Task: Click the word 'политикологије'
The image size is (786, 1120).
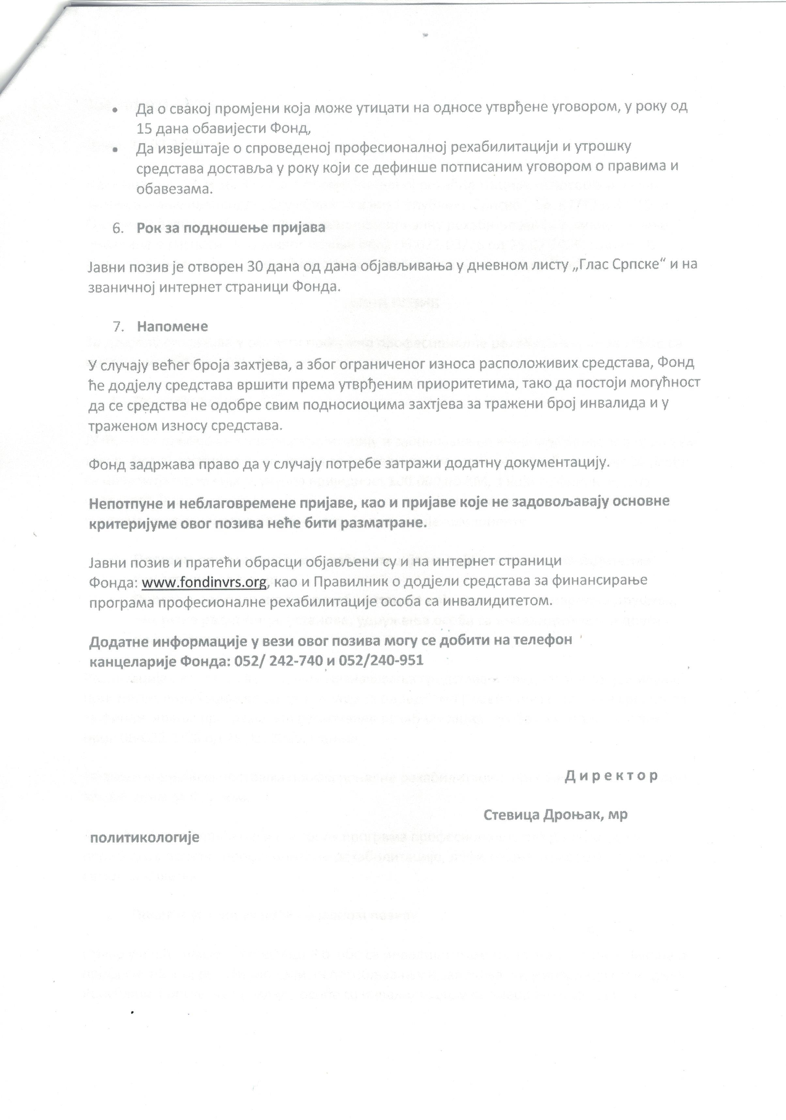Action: (145, 838)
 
